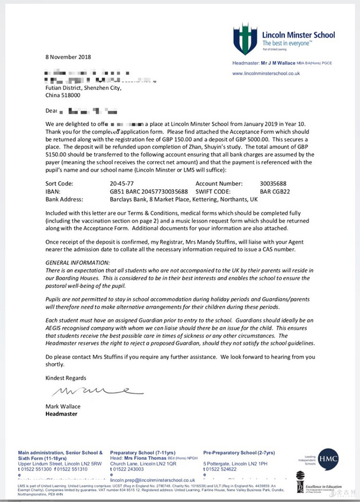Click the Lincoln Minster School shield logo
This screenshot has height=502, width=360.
245,38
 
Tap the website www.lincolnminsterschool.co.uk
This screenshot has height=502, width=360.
266,74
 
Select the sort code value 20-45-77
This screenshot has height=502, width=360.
122,184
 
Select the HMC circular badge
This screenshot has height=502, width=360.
328,459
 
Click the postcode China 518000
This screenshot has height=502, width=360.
63,95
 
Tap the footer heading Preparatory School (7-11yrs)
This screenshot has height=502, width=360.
146,453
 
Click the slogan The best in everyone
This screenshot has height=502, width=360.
286,44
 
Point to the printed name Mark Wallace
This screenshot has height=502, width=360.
63,407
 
